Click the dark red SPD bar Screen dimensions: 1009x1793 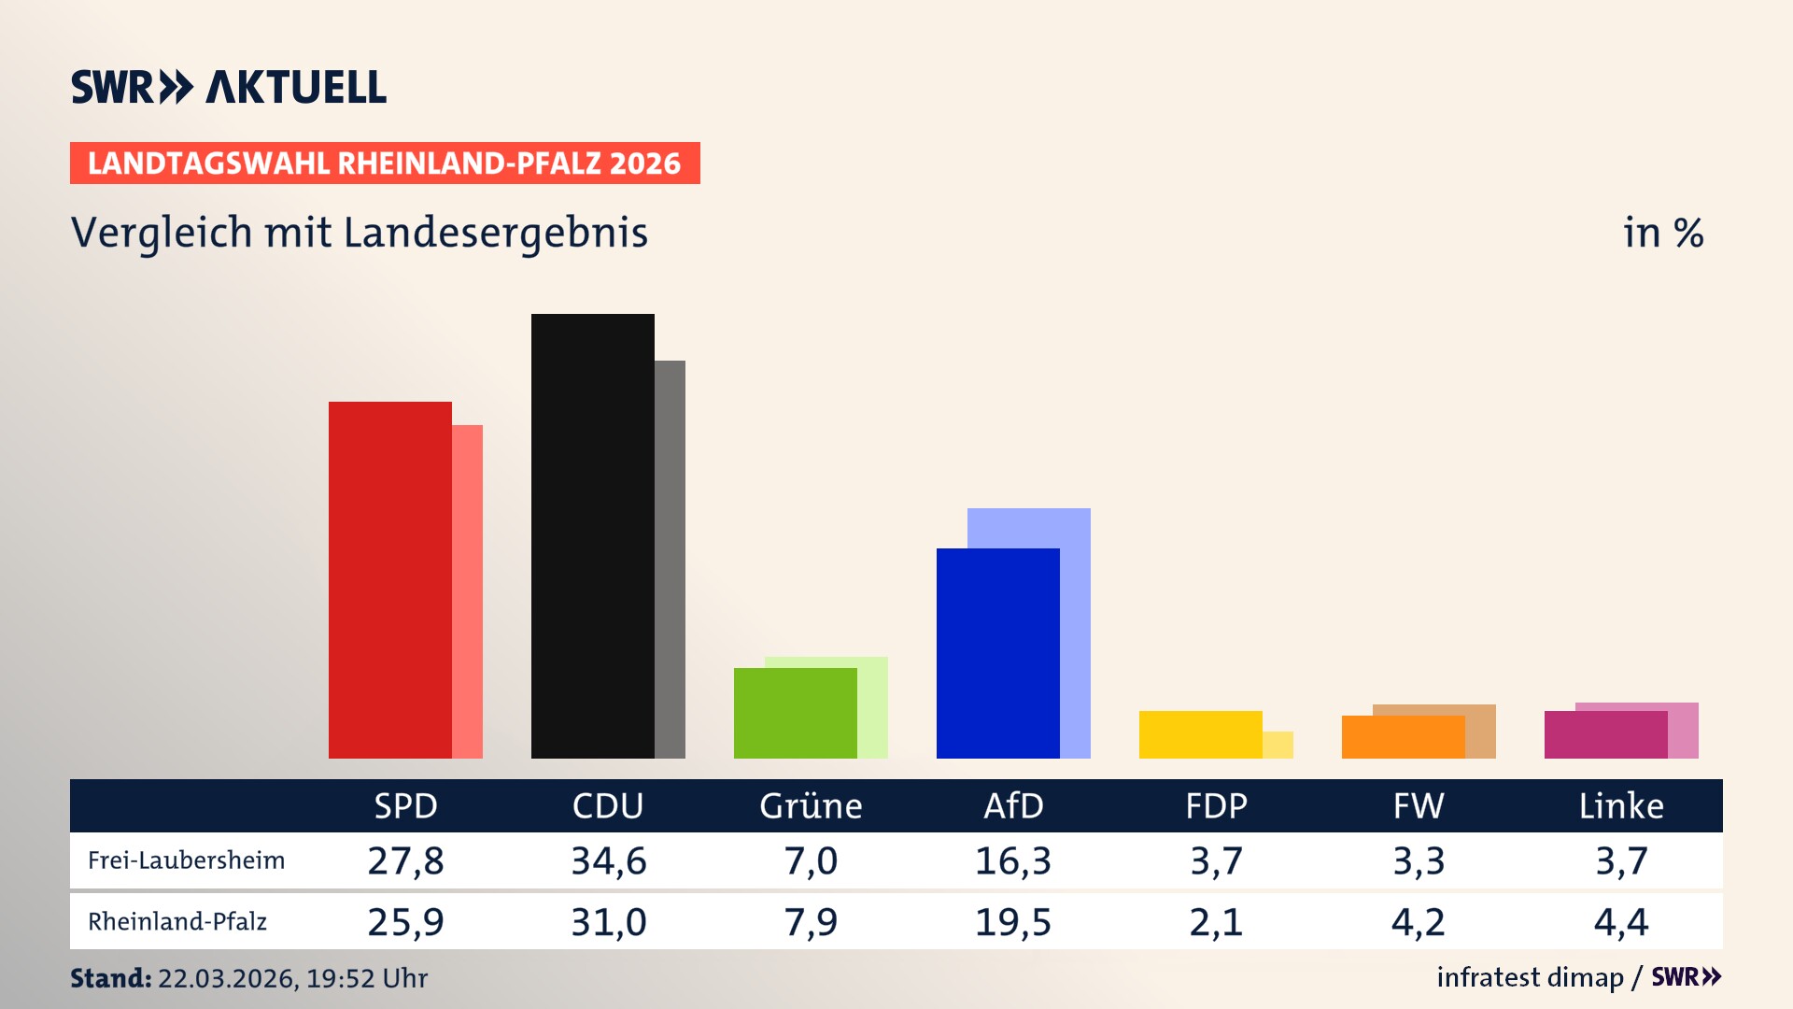pos(389,579)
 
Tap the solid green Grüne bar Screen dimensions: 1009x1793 pos(795,713)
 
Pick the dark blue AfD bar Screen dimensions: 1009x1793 pos(997,653)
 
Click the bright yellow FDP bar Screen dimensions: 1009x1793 pos(1200,734)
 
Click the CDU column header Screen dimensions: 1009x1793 pos(608,805)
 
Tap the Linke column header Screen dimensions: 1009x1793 pos(1621,805)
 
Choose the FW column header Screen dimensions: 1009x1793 pos(1419,805)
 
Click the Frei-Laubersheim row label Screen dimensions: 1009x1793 pos(186,860)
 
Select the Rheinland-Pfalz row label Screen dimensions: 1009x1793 pos(177,922)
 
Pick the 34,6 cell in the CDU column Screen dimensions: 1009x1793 pos(608,860)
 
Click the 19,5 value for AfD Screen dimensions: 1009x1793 pos(1013,922)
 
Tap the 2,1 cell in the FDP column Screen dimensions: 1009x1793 pos(1216,922)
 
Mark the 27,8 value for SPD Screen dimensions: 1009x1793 pos(405,860)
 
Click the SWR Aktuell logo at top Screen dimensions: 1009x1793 pos(229,87)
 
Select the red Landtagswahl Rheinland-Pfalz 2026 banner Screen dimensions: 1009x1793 pos(385,163)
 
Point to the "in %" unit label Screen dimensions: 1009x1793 pos(1663,233)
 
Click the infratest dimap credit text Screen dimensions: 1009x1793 pos(1530,977)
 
